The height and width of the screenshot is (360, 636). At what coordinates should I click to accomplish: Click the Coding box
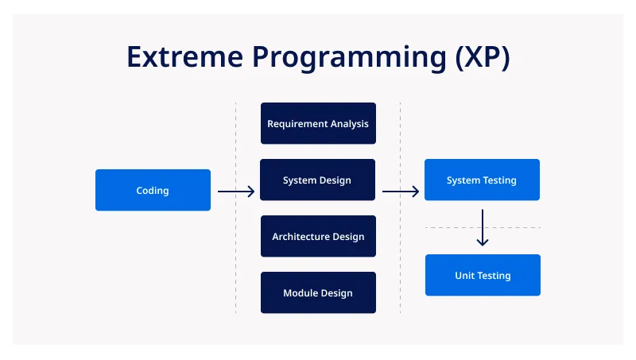[x=153, y=190]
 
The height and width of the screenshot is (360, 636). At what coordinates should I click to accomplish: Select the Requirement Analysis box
[x=318, y=123]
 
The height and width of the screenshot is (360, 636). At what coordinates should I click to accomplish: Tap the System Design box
[x=318, y=180]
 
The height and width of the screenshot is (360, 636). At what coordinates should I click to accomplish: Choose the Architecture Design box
[x=318, y=236]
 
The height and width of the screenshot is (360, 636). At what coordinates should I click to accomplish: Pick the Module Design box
[x=318, y=292]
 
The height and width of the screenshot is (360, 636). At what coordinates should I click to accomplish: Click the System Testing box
[x=482, y=180]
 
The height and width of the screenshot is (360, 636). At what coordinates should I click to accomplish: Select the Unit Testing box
[x=483, y=275]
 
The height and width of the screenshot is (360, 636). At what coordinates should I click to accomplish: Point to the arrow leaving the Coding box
[x=236, y=192]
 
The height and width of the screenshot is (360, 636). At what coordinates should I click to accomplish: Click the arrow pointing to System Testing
[x=401, y=192]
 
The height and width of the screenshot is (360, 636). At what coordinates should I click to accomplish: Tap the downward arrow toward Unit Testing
[x=483, y=227]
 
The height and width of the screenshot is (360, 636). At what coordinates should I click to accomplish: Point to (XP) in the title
[x=479, y=57]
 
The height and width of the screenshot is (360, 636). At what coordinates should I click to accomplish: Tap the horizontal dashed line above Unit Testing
[x=445, y=228]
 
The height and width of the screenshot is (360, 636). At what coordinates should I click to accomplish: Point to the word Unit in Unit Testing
[x=464, y=276]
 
